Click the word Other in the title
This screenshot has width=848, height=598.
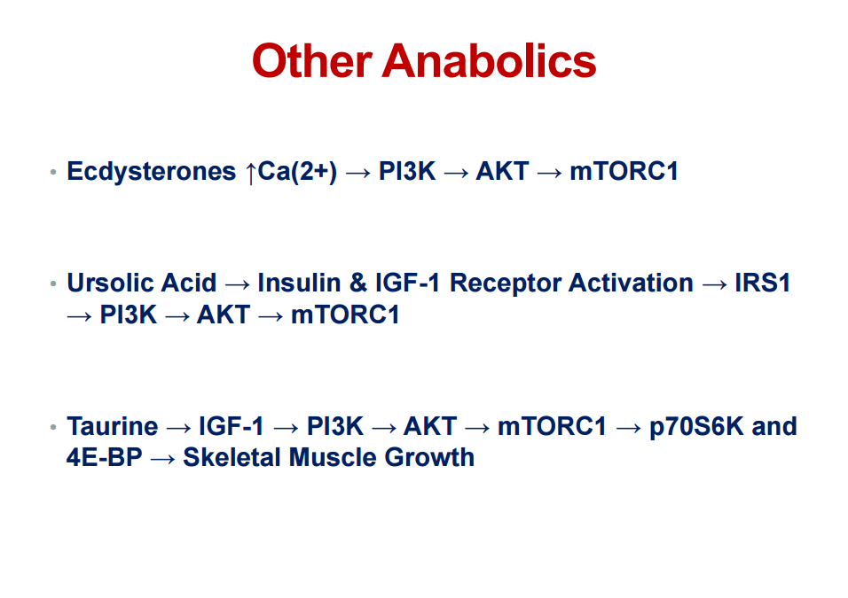tap(312, 60)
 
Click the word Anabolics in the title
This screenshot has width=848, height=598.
tap(490, 60)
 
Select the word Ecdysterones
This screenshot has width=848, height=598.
tap(152, 171)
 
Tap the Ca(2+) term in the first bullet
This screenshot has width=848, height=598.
tap(297, 172)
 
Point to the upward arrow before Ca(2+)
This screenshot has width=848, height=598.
tap(250, 173)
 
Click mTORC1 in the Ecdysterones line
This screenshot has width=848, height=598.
tap(624, 171)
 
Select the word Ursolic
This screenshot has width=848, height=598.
tap(111, 283)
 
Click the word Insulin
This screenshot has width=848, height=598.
tap(299, 283)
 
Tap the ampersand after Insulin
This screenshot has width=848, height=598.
tap(358, 283)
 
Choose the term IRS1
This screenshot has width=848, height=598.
tap(763, 283)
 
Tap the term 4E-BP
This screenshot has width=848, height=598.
tap(105, 457)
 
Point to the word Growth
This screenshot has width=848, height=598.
tap(430, 457)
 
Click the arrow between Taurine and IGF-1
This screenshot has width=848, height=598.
tap(178, 429)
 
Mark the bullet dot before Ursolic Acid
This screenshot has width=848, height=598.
tap(53, 283)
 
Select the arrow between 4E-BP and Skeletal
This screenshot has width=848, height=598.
tap(163, 460)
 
